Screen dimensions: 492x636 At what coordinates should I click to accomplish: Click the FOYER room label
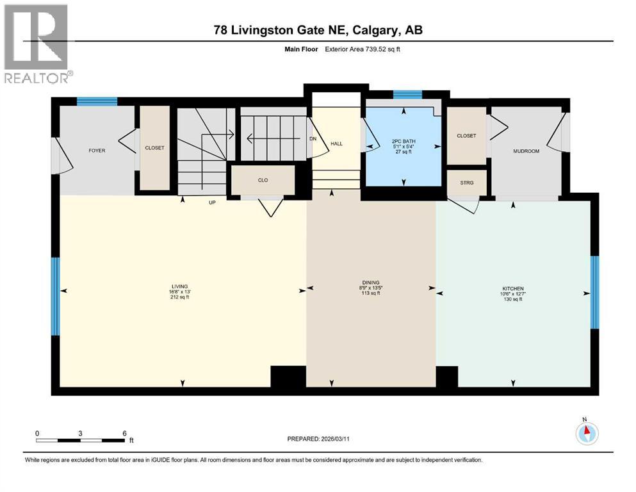[x=97, y=151]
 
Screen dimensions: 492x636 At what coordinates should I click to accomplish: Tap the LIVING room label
[x=179, y=286]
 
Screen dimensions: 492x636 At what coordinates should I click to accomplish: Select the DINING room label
[x=371, y=283]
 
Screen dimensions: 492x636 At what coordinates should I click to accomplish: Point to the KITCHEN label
[x=512, y=290]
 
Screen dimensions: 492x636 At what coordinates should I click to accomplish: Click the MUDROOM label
[x=526, y=151]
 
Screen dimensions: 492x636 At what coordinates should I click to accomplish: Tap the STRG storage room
[x=467, y=183]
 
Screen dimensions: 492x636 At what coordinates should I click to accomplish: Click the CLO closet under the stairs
[x=263, y=180]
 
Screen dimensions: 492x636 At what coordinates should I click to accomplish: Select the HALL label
[x=336, y=143]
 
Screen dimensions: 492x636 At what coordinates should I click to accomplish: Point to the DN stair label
[x=313, y=138]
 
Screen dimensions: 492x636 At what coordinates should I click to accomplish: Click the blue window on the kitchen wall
[x=594, y=291]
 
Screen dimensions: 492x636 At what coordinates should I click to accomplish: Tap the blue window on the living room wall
[x=55, y=296]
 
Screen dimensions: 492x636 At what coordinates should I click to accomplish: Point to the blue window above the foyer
[x=97, y=101]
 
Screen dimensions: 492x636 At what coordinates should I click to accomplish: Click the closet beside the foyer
[x=154, y=148]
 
